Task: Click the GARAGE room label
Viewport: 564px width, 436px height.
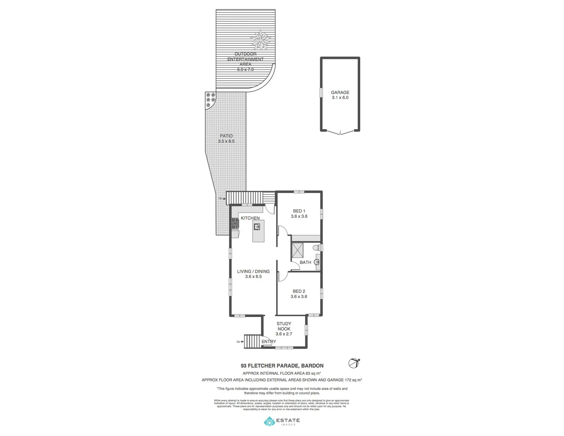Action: point(340,92)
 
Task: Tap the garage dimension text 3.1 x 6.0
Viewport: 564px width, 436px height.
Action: point(340,98)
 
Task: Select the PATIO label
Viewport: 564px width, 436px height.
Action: point(226,136)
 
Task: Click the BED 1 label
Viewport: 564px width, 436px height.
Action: point(299,211)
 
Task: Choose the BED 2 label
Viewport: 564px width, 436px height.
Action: point(299,291)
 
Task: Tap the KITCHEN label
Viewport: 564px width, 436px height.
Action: point(250,218)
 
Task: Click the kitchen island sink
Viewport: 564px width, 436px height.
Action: point(257,227)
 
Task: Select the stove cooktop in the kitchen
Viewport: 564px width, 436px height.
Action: point(235,223)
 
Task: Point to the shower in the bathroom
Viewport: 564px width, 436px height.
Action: point(298,250)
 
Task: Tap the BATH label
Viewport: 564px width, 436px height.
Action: point(306,262)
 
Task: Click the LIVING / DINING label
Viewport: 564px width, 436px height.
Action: point(253,271)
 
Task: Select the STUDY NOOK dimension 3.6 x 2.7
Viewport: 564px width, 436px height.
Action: point(284,334)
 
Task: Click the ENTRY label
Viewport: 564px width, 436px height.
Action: point(268,342)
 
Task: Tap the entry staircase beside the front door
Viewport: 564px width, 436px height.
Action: point(253,342)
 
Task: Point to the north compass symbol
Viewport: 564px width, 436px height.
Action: point(354,363)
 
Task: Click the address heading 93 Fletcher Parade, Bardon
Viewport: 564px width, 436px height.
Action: point(282,366)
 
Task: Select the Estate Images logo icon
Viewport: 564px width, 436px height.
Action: point(269,422)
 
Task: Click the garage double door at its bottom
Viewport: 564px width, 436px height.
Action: point(340,132)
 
